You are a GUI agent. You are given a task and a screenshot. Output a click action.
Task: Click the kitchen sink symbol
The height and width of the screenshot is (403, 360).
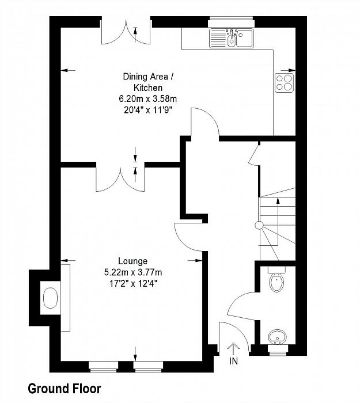[232, 38]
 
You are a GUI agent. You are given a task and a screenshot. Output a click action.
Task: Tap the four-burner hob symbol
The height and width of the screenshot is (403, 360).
[284, 83]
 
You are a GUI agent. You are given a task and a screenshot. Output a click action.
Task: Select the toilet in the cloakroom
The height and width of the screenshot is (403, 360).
[276, 280]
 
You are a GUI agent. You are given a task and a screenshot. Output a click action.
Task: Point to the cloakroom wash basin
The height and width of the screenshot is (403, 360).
[278, 337]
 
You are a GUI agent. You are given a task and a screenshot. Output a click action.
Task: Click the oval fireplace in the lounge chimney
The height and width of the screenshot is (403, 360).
[50, 298]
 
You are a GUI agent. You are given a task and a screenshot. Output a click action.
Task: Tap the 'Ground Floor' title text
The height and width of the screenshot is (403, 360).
[65, 389]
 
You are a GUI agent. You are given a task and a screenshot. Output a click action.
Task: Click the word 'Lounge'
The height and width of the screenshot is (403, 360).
[132, 261]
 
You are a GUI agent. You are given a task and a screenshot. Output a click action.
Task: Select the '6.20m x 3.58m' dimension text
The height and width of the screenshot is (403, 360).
[147, 98]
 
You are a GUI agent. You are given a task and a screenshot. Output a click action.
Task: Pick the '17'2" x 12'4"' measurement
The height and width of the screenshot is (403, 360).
[133, 283]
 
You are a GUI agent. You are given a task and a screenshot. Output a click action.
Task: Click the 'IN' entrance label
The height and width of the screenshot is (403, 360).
[234, 361]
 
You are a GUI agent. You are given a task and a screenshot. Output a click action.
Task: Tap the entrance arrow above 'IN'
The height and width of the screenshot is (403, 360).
[233, 349]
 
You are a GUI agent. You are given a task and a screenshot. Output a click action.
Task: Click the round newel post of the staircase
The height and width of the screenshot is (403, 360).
[259, 226]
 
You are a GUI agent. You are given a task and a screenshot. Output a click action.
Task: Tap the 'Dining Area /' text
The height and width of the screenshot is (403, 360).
[148, 77]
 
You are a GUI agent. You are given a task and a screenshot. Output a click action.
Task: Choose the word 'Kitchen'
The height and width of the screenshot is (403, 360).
[148, 88]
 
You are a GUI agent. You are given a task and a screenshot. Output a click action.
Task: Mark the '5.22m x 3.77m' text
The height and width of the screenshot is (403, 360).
[133, 272]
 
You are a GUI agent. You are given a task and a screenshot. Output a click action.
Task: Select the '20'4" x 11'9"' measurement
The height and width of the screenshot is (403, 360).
[147, 110]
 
